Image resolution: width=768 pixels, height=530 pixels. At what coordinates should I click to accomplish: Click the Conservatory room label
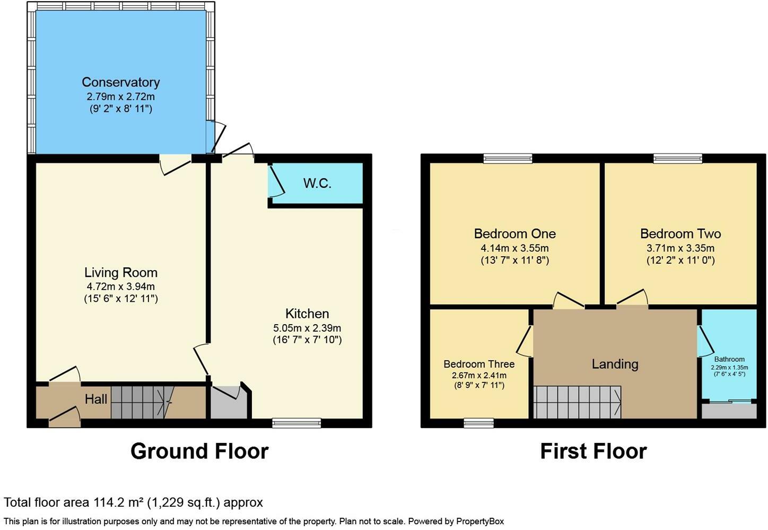point(121,82)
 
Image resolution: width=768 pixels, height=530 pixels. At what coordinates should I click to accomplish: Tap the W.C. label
point(317,184)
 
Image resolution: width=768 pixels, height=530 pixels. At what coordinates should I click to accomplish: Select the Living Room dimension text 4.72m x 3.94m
point(121,286)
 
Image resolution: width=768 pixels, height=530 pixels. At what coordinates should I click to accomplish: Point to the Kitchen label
point(307,314)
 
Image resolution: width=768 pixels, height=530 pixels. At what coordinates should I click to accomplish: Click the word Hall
point(96,399)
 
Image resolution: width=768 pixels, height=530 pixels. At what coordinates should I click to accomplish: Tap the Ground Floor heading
point(199,451)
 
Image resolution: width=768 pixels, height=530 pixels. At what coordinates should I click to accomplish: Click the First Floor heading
point(594,451)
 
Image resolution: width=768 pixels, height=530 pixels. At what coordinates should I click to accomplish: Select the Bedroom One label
point(514,233)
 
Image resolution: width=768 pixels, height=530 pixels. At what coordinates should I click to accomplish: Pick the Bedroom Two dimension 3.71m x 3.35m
point(680,248)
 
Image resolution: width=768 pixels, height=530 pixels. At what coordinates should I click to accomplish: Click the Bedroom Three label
point(479,363)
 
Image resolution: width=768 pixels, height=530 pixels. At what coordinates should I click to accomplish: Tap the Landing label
point(615,364)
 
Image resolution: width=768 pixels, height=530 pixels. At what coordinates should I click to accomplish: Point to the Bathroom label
point(729,359)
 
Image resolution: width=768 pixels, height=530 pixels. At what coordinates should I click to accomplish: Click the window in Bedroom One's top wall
point(508,158)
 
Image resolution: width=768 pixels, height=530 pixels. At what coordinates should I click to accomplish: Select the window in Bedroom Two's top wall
point(678,158)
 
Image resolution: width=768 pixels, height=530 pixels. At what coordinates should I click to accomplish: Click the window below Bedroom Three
point(479,423)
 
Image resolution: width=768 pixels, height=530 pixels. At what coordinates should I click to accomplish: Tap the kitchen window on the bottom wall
point(296,423)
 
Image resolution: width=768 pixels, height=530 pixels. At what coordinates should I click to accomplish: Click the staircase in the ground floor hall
point(143,402)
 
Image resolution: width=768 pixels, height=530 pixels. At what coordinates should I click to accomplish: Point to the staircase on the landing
point(578,402)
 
